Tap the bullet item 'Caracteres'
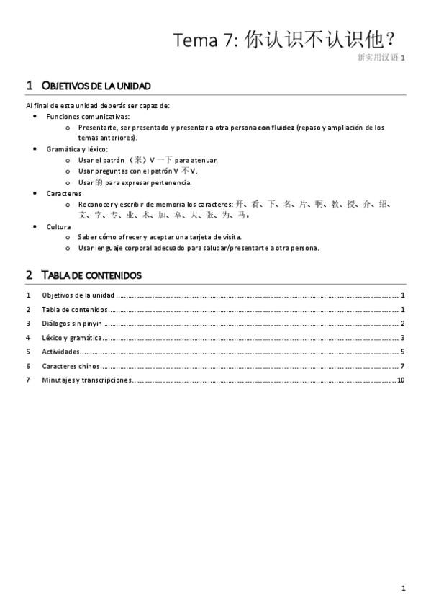64,193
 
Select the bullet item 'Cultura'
58,226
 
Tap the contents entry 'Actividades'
60,352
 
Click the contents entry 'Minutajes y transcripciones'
86,380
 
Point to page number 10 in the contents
401,380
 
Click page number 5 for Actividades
403,352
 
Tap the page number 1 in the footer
404,588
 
